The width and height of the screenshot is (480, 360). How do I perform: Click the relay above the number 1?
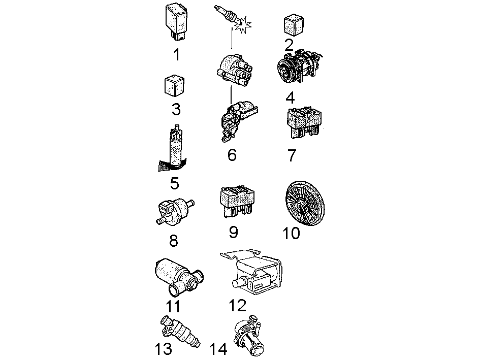[x=176, y=22]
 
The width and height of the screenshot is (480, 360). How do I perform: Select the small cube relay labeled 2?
[x=294, y=24]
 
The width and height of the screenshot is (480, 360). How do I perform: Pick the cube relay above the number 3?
[x=174, y=86]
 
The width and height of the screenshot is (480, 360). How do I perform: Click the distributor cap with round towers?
[x=234, y=70]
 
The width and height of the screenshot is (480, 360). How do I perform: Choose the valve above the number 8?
[x=174, y=210]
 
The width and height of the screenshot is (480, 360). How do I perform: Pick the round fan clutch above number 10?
[x=305, y=203]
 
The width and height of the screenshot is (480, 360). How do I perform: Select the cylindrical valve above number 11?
[x=178, y=277]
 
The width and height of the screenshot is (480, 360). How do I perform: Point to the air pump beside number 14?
[x=248, y=336]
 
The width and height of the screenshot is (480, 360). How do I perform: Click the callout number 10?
[x=292, y=233]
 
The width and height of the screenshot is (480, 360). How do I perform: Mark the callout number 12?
[x=238, y=305]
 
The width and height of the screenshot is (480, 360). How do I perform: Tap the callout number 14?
[x=218, y=349]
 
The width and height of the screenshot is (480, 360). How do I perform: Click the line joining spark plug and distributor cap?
[x=232, y=38]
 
